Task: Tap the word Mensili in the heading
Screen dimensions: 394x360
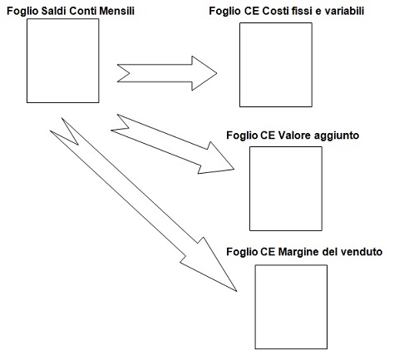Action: click(x=116, y=11)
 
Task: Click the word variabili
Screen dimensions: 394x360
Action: click(x=344, y=11)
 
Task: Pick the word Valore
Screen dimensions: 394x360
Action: click(x=294, y=136)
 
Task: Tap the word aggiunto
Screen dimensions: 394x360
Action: click(x=337, y=136)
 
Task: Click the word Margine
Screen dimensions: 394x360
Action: click(x=298, y=252)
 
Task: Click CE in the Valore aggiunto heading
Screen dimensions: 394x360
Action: click(x=268, y=136)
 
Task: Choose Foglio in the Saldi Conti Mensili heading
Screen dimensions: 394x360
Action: click(x=22, y=12)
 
